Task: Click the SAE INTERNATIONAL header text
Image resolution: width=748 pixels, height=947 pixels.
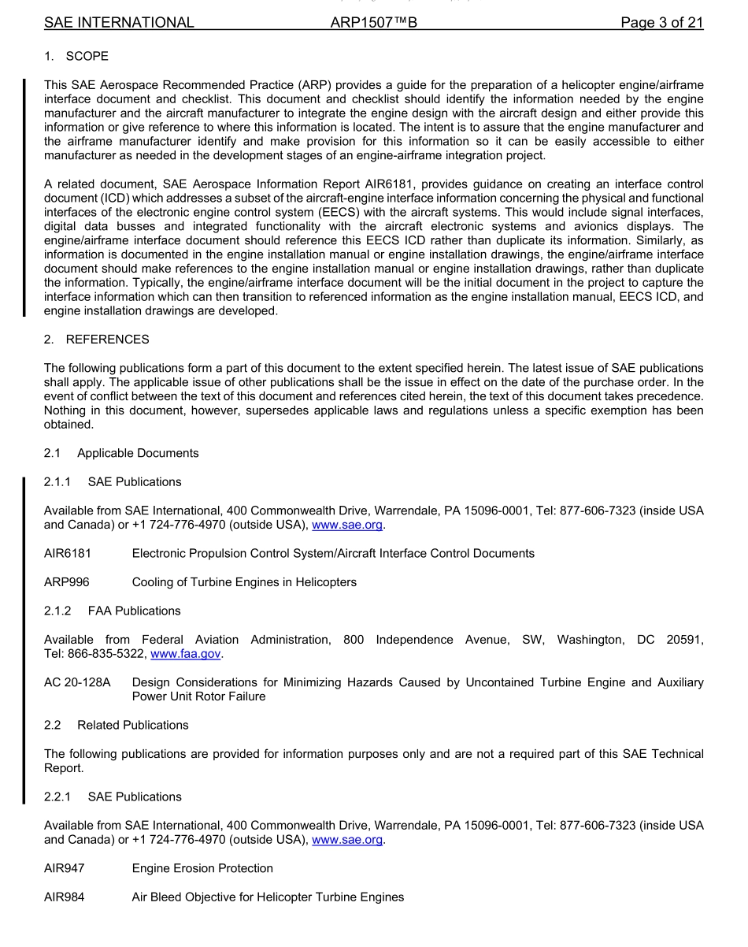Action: tap(119, 23)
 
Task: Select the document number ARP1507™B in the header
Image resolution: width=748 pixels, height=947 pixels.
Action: tap(373, 23)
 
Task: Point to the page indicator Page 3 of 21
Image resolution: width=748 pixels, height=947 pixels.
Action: tap(661, 23)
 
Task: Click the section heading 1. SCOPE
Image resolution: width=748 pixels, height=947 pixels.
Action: tap(76, 56)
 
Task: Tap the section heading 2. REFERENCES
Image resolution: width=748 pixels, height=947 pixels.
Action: tap(96, 340)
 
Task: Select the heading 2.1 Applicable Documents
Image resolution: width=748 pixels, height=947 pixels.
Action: tap(121, 453)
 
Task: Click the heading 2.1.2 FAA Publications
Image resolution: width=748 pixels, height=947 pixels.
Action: tap(112, 611)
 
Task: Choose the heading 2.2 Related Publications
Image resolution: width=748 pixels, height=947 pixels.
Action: tap(117, 725)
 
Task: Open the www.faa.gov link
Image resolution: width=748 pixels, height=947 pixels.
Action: tap(186, 654)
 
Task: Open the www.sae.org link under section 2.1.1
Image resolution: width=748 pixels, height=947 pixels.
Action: tap(347, 525)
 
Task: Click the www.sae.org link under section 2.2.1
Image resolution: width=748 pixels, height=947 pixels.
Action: tap(347, 840)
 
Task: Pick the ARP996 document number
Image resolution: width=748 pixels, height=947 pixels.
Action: tap(67, 582)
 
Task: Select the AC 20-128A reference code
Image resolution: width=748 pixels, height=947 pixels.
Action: tap(77, 682)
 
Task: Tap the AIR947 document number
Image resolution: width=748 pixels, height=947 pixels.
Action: tap(65, 868)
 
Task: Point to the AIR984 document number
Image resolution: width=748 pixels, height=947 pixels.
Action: tap(65, 897)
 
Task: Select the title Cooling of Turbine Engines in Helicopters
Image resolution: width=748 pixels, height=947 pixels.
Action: tap(244, 582)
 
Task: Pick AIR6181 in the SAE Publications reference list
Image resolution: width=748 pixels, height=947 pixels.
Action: tap(68, 553)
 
